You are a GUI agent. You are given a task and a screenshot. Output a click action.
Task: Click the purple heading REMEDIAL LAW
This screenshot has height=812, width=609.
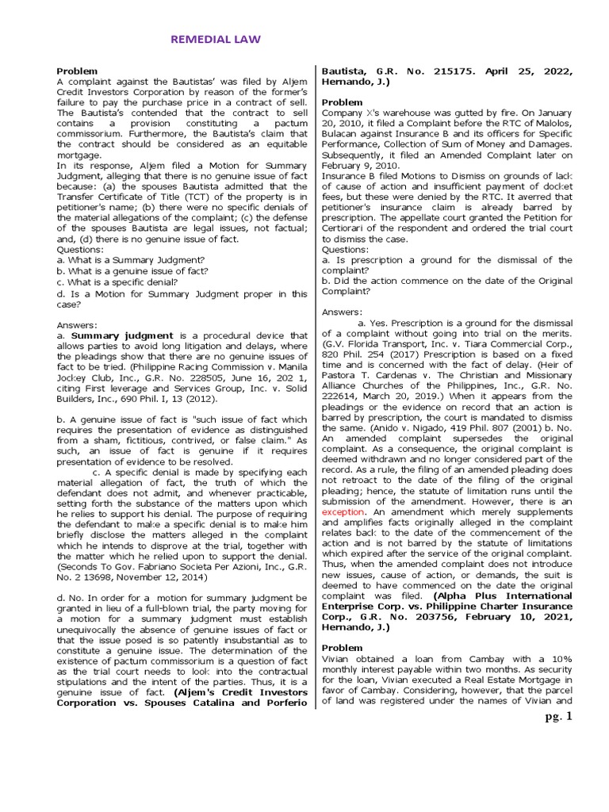tap(216, 39)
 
